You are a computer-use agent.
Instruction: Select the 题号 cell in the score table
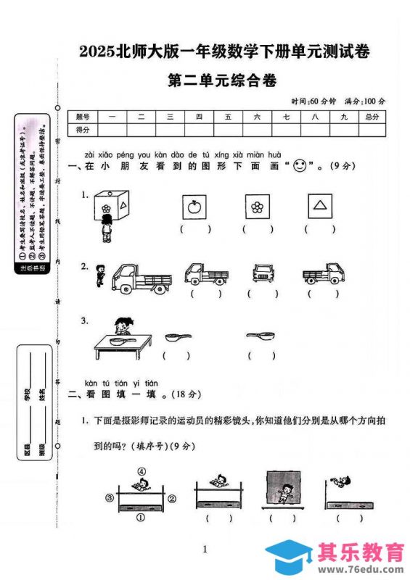[82, 117]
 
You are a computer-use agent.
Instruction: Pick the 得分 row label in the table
[82, 130]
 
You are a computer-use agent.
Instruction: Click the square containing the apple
[194, 207]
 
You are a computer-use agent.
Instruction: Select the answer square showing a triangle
[319, 207]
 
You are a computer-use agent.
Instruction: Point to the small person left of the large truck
[99, 274]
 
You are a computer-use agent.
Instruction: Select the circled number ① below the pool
[141, 518]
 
